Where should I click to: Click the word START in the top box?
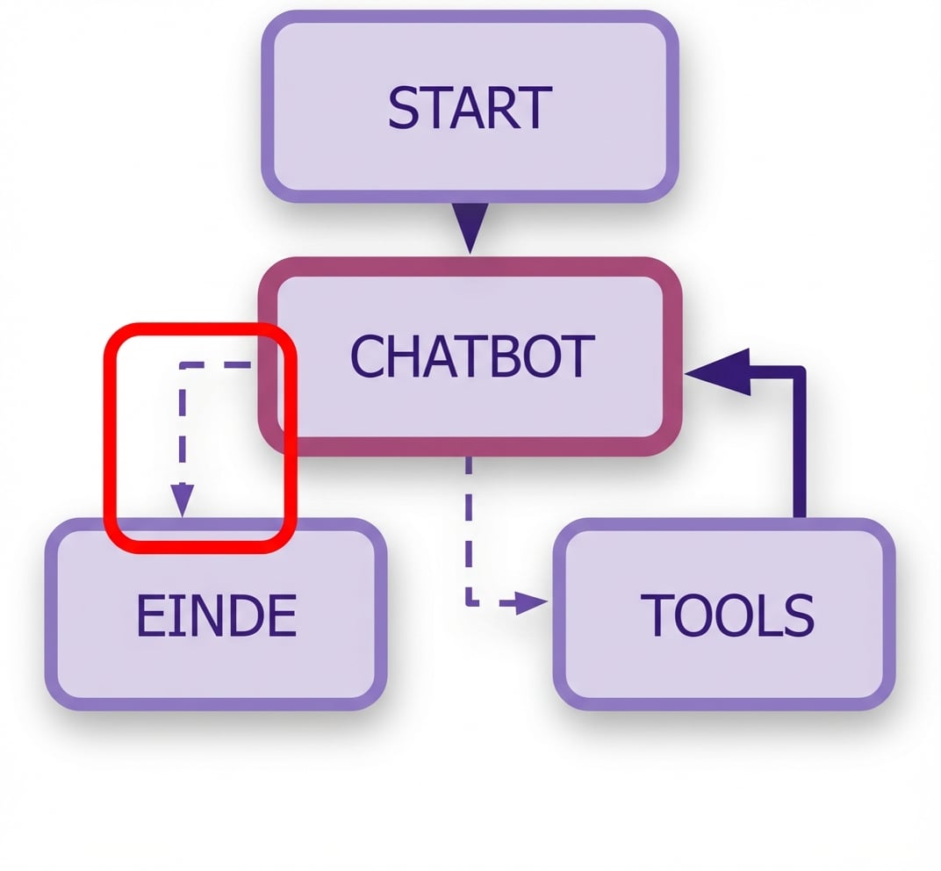tap(470, 107)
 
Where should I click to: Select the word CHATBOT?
tap(471, 356)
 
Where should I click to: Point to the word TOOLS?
tap(727, 615)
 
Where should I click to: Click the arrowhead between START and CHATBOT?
tap(471, 227)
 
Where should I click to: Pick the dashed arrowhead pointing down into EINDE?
tap(182, 503)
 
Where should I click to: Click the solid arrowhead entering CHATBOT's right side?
tap(720, 373)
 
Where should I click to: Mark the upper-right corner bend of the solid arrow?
tap(798, 373)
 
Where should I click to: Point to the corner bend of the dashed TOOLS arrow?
tap(470, 603)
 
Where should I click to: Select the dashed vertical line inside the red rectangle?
tap(182, 430)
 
